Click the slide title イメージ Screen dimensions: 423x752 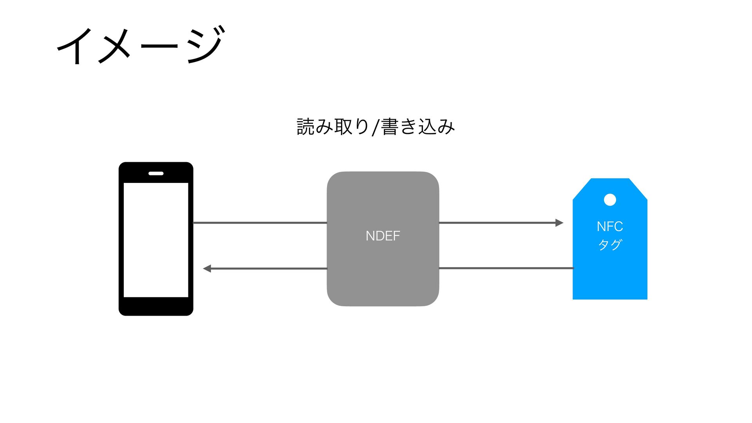coord(141,45)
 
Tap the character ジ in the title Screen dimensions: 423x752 coord(206,45)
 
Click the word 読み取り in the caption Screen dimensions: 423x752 coord(333,127)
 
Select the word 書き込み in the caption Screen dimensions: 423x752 coord(418,127)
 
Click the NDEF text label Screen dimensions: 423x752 coord(383,236)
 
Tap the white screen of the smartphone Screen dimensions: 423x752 coord(156,240)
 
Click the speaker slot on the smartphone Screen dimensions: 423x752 coord(156,173)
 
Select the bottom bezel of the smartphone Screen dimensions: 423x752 coord(156,306)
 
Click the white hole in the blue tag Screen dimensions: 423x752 coord(610,200)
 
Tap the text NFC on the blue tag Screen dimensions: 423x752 coord(610,226)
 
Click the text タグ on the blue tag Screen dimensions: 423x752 coord(610,244)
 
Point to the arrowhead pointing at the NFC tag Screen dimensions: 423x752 coord(559,223)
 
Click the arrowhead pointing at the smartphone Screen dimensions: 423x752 coord(207,268)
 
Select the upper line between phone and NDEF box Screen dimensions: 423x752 coord(260,223)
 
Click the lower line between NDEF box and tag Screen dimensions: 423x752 coord(505,268)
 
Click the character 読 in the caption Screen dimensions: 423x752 coord(305,127)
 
